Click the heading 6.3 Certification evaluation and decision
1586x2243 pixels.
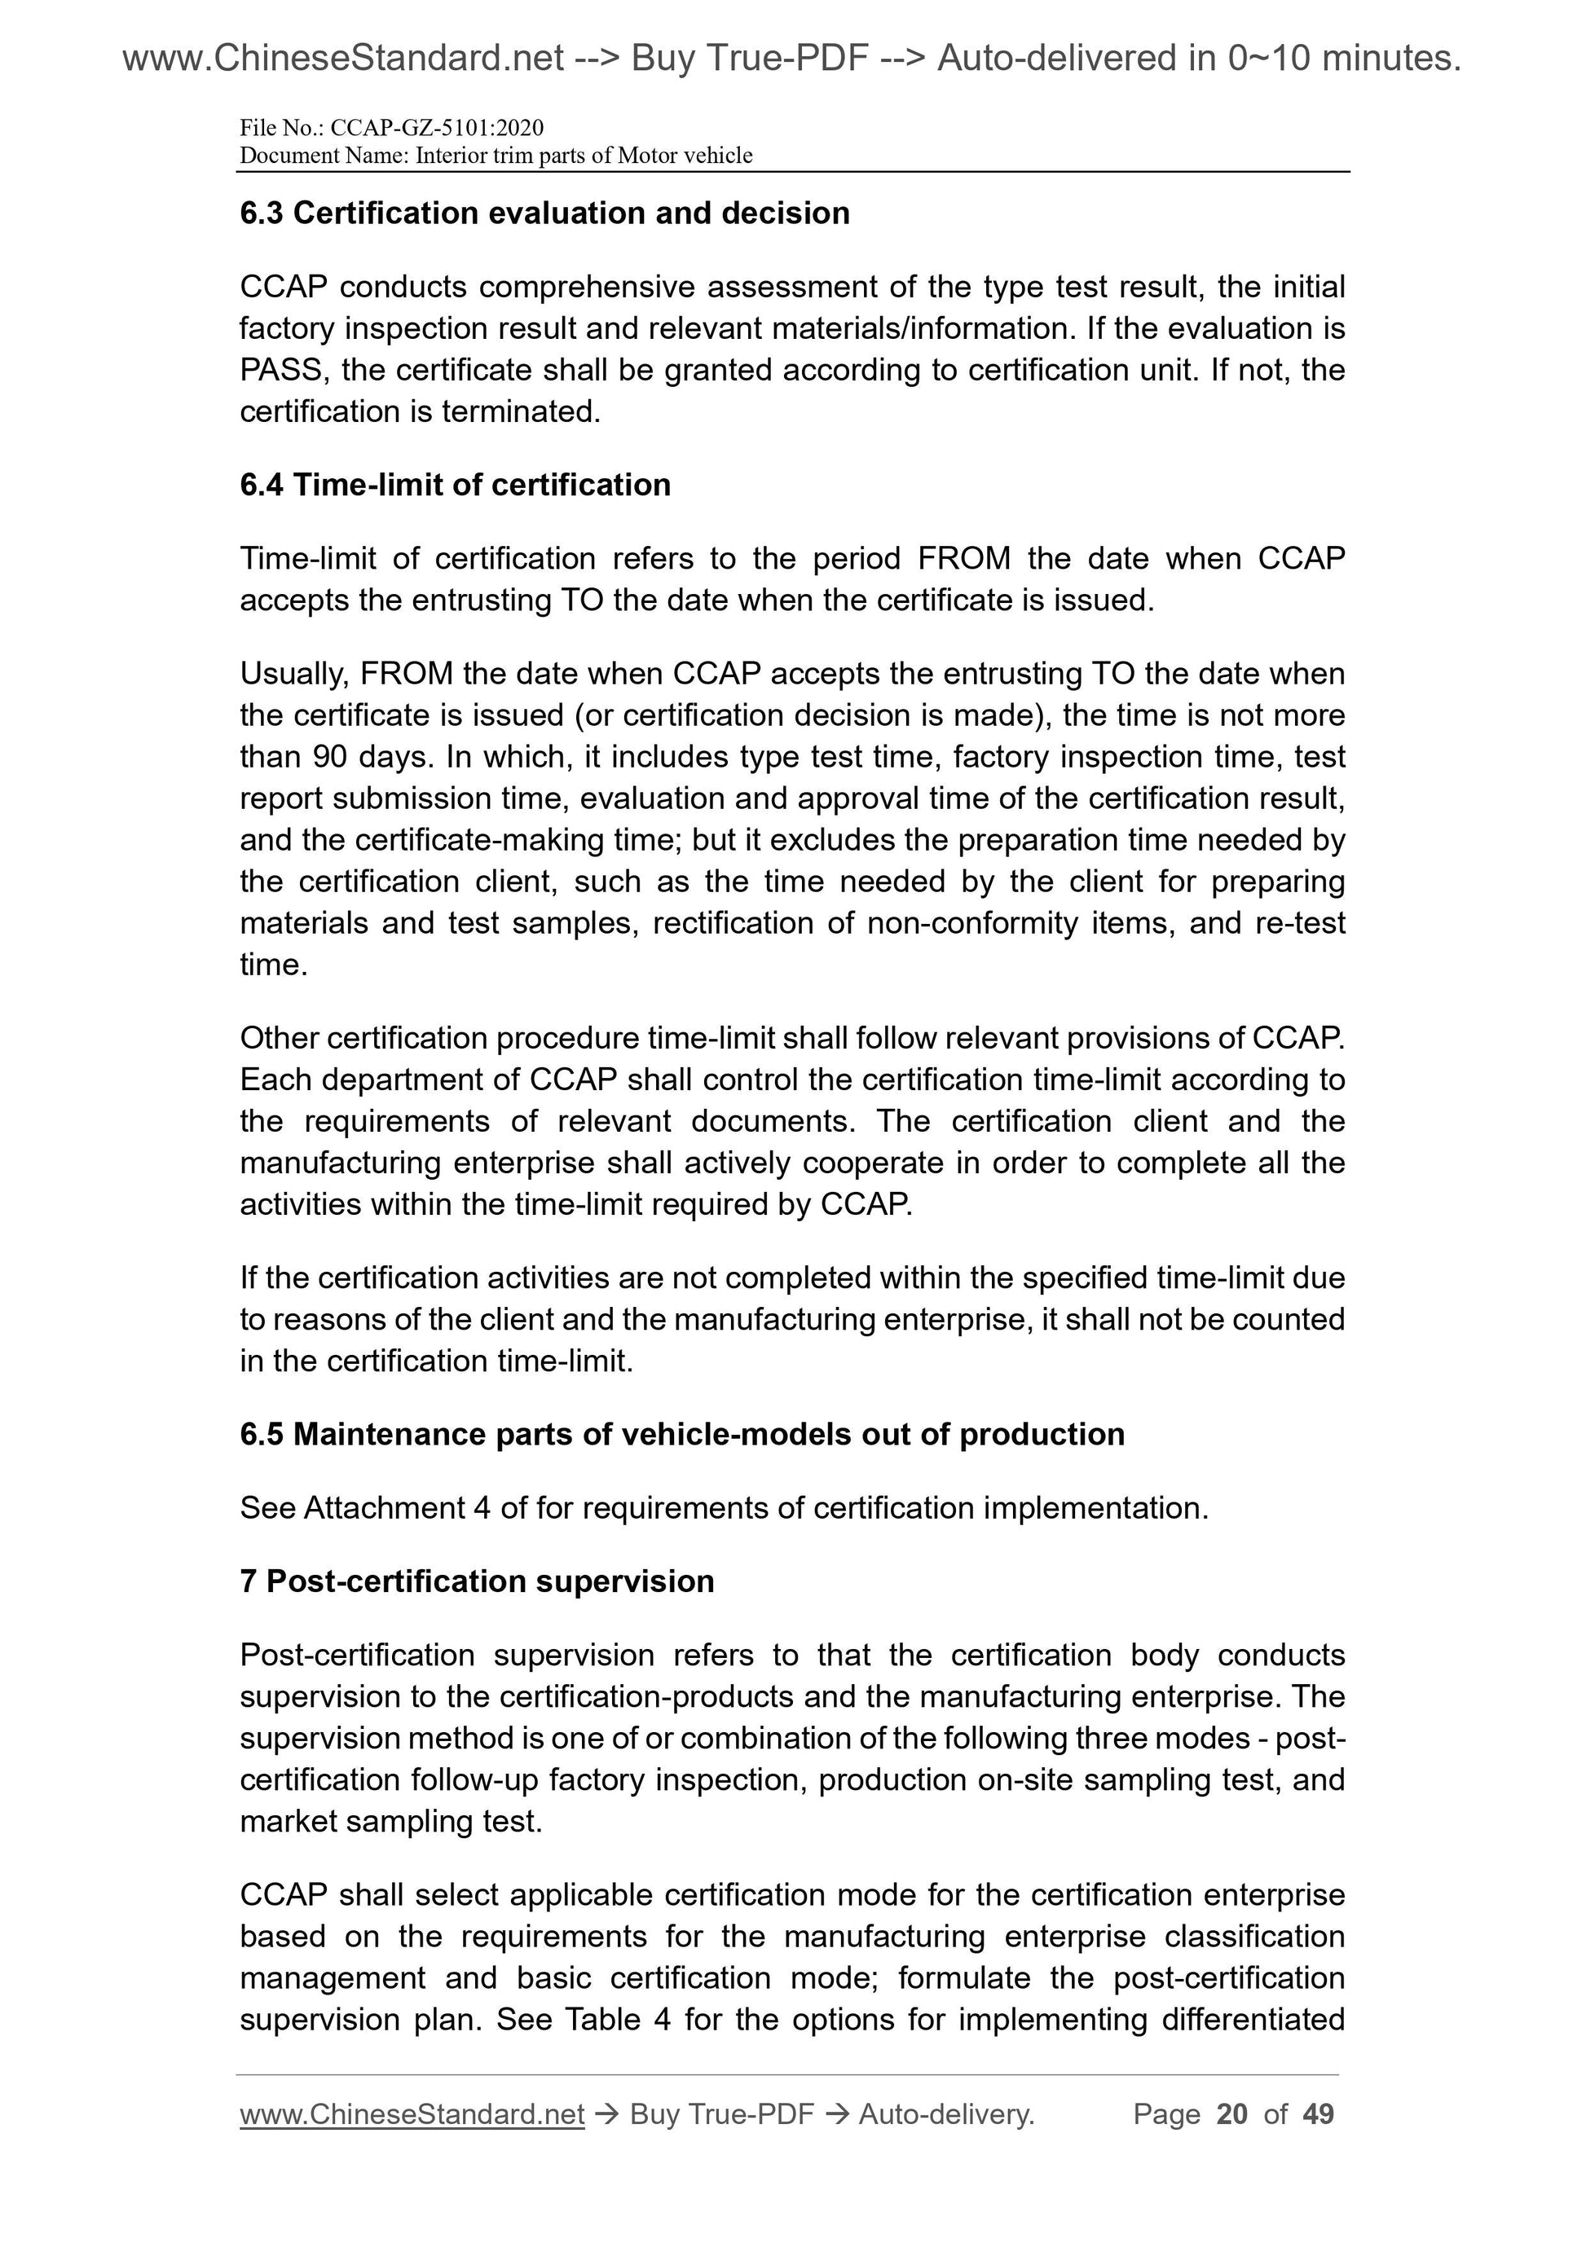click(544, 213)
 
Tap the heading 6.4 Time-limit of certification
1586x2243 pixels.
click(456, 485)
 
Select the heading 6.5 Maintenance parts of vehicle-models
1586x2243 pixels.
click(682, 1434)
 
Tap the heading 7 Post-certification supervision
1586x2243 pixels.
click(477, 1581)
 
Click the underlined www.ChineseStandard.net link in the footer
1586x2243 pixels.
click(412, 2114)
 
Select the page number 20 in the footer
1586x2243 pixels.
click(1232, 2114)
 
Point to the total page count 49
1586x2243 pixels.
click(1318, 2114)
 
